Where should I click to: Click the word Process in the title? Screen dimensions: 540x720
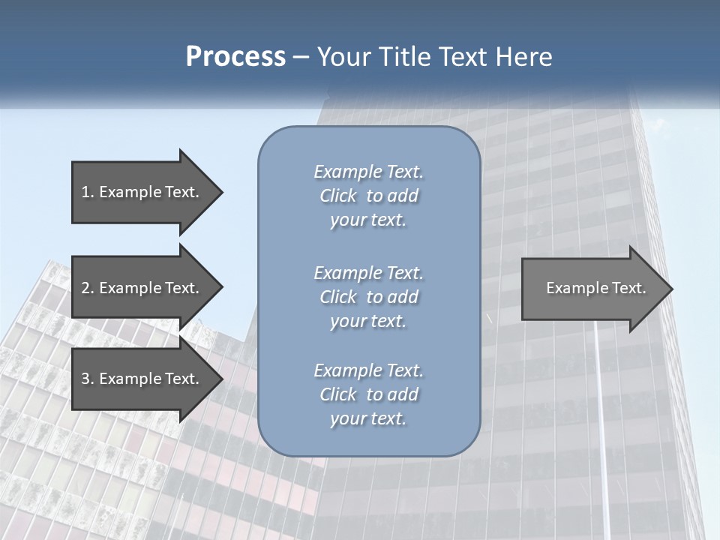tap(235, 57)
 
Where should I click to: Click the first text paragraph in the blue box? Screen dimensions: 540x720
tap(368, 196)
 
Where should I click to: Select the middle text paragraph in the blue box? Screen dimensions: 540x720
tap(368, 297)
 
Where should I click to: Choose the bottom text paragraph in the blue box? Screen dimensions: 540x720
tap(368, 394)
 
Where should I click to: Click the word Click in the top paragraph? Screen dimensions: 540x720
tap(337, 196)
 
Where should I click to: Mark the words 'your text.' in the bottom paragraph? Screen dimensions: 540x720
tap(368, 419)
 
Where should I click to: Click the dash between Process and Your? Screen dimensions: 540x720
tap(301, 57)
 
